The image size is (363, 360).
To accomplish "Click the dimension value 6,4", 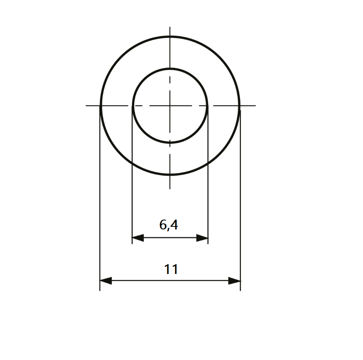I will tap(168, 225).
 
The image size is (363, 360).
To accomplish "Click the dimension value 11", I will tap(171, 269).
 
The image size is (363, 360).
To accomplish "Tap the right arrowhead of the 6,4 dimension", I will tap(202, 238).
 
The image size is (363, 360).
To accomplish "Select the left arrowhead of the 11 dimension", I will tap(106, 281).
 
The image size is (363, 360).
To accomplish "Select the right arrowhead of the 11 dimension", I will tap(235, 281).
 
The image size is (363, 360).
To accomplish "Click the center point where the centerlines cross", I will tap(170, 106).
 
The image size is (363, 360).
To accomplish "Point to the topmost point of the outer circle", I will tap(170, 37).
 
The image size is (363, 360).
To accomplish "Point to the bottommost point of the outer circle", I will tap(170, 175).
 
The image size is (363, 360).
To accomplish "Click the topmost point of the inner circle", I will tap(170, 69).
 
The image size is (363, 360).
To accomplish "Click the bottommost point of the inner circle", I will tap(170, 143).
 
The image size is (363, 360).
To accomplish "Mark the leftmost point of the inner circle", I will tap(133, 106).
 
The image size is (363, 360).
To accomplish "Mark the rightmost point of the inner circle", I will tap(208, 106).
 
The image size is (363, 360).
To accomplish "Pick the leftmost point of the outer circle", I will tap(100, 106).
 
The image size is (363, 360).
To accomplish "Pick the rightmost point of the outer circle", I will tap(239, 106).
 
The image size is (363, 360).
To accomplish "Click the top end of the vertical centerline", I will tap(170, 27).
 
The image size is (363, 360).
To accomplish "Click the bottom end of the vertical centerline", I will tap(170, 188).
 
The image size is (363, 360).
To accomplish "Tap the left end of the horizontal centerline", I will tap(86, 106).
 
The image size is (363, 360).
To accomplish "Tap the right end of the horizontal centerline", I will tap(255, 106).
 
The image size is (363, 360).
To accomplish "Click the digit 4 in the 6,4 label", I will tap(174, 225).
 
